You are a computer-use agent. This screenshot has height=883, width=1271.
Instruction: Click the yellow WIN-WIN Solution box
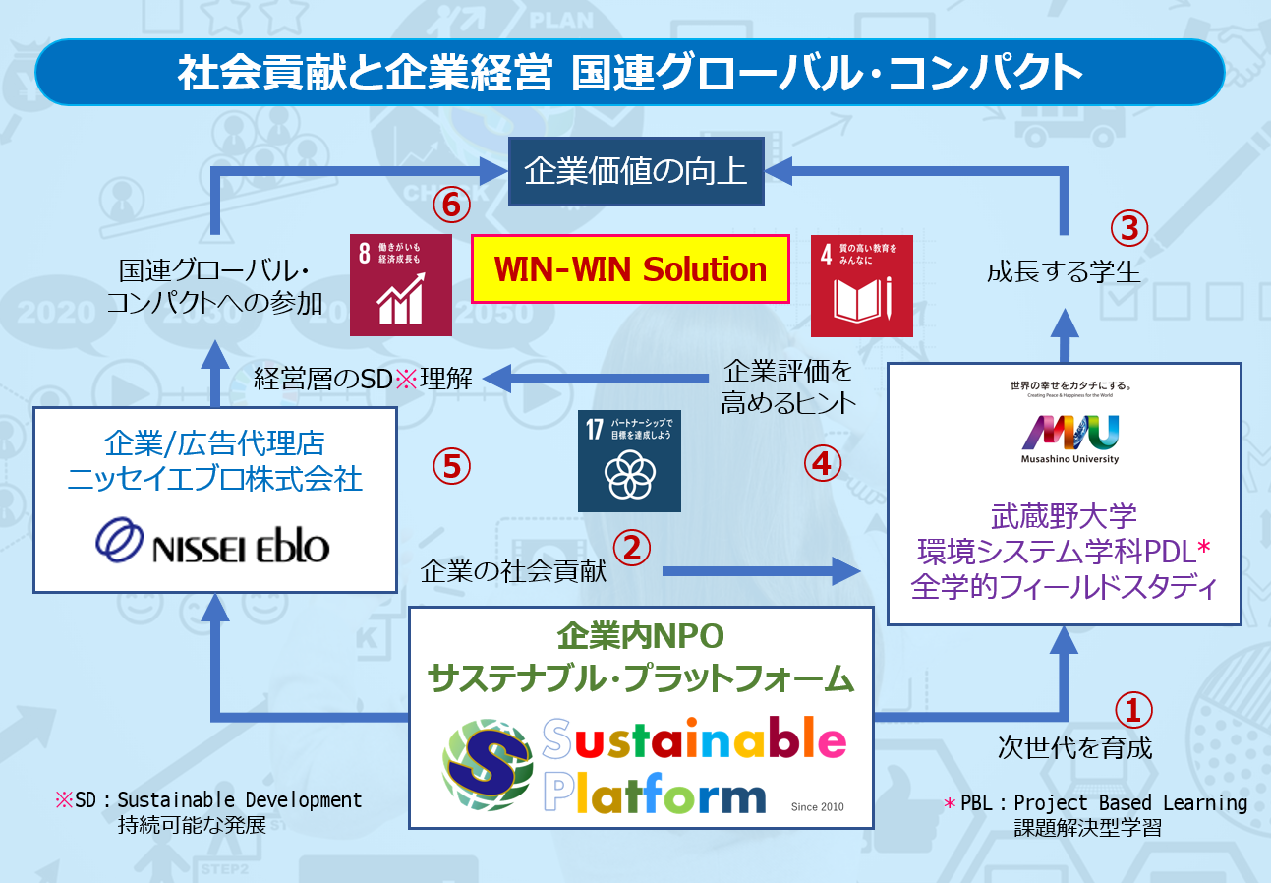pos(630,268)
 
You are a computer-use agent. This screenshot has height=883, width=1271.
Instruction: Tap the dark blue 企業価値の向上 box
pos(636,173)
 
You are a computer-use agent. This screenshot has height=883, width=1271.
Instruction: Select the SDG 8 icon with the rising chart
pos(401,285)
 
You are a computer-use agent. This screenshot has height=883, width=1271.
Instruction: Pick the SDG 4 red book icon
pos(862,285)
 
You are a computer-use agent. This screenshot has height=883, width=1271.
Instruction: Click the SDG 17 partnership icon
pos(629,460)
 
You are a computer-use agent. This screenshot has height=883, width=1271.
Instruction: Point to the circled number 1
pos(1132,709)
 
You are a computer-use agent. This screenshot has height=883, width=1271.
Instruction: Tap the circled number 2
pos(632,547)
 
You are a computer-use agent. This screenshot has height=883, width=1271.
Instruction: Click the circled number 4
pos(823,463)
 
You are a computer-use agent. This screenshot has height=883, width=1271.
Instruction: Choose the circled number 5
pos(451,465)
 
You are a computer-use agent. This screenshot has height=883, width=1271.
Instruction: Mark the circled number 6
pos(450,205)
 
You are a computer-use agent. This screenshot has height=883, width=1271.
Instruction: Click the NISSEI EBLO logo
pos(212,540)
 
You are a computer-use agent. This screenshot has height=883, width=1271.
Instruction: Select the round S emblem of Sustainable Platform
pos(488,764)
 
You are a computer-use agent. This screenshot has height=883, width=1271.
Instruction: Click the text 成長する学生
pos(1064,270)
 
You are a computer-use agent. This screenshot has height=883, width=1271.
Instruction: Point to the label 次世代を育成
pos(1074,748)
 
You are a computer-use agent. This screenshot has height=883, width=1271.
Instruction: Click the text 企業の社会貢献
pos(512,572)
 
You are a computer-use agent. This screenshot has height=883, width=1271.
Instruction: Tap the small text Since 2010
pos(817,807)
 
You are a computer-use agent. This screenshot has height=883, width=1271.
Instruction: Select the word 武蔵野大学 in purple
pos(1064,515)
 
